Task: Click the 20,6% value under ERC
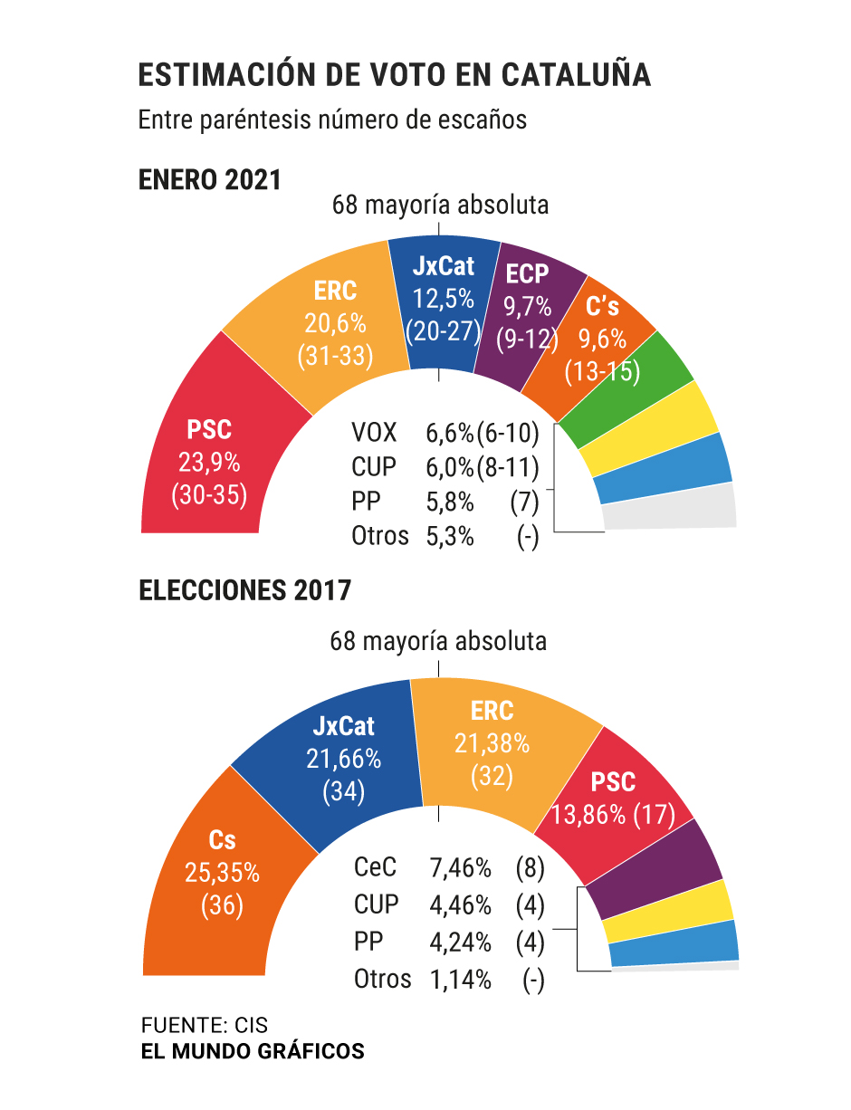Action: coord(335,323)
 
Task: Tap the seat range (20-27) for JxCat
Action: coord(443,331)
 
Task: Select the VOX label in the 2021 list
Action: coord(374,433)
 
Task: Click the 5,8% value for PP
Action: coord(450,502)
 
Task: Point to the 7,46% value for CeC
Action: coord(460,869)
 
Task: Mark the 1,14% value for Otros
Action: coord(460,979)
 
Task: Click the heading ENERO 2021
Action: coord(210,179)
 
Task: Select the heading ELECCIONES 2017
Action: coord(244,591)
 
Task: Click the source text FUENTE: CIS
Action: coord(205,1026)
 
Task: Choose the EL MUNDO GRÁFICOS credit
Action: coord(253,1051)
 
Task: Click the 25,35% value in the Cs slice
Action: coord(223,873)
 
